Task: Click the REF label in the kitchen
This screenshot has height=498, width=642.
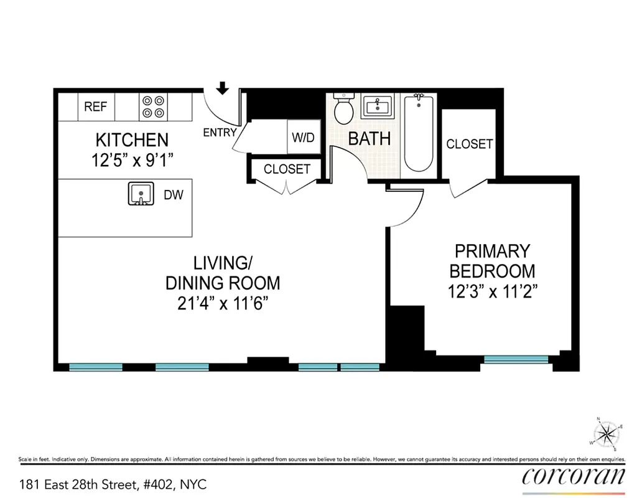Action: pyautogui.click(x=95, y=106)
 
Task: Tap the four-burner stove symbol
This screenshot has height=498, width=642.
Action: pyautogui.click(x=153, y=106)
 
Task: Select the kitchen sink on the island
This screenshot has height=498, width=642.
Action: pyautogui.click(x=141, y=194)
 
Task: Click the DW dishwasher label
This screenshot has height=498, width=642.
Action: pyautogui.click(x=174, y=195)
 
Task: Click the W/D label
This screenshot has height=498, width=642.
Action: pyautogui.click(x=303, y=138)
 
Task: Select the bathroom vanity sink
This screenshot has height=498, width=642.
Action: pyautogui.click(x=378, y=107)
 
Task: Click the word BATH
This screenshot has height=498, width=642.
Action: pyautogui.click(x=370, y=138)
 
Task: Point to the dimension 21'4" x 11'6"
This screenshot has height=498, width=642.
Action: pyautogui.click(x=222, y=304)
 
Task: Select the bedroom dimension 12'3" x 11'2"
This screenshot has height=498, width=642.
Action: pyautogui.click(x=492, y=291)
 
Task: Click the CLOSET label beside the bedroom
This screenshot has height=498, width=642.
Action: pyautogui.click(x=470, y=144)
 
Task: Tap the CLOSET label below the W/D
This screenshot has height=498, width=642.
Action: pyautogui.click(x=287, y=169)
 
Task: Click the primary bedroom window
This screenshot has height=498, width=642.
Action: pyautogui.click(x=516, y=359)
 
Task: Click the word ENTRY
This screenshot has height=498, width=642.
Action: pyautogui.click(x=220, y=132)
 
